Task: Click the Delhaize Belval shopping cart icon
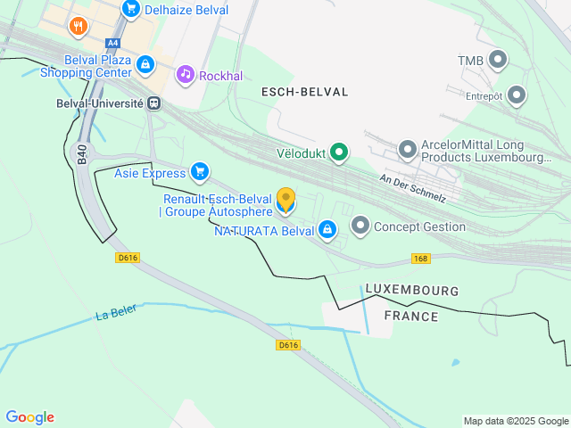click(x=131, y=10)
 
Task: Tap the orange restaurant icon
click(x=79, y=27)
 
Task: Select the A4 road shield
click(x=112, y=43)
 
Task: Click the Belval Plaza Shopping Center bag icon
click(x=145, y=65)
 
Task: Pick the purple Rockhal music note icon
click(x=185, y=73)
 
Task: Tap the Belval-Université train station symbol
click(x=155, y=103)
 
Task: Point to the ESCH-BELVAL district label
click(x=304, y=92)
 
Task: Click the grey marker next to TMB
click(x=498, y=61)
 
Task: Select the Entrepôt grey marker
click(x=516, y=95)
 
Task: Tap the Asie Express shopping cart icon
click(x=200, y=172)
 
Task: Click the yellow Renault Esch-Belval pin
click(x=285, y=201)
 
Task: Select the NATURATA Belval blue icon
click(x=327, y=230)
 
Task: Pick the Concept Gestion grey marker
click(x=360, y=226)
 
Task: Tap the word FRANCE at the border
click(x=410, y=317)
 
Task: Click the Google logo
click(x=29, y=417)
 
